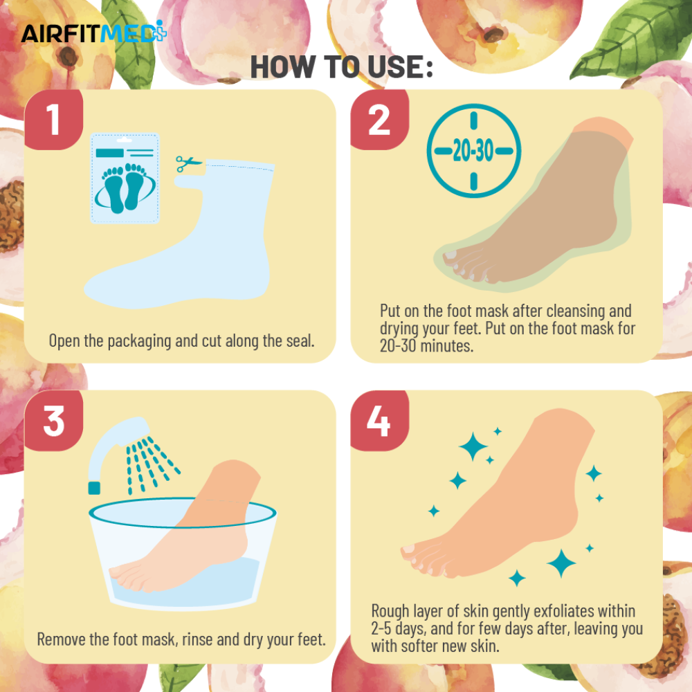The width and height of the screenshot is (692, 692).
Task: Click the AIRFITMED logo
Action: click(93, 33)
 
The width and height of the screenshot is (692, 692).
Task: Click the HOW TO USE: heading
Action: click(342, 67)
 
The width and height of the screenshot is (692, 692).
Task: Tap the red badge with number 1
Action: click(53, 120)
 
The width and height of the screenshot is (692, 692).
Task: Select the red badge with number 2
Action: click(379, 120)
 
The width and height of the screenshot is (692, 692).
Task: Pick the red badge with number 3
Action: click(53, 421)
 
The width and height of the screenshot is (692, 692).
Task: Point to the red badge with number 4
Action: click(379, 421)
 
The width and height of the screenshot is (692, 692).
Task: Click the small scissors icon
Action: click(188, 163)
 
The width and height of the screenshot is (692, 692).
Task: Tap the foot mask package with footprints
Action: click(125, 179)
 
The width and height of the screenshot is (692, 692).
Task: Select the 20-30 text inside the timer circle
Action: click(473, 151)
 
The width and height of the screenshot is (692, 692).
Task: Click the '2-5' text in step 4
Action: click(381, 628)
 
